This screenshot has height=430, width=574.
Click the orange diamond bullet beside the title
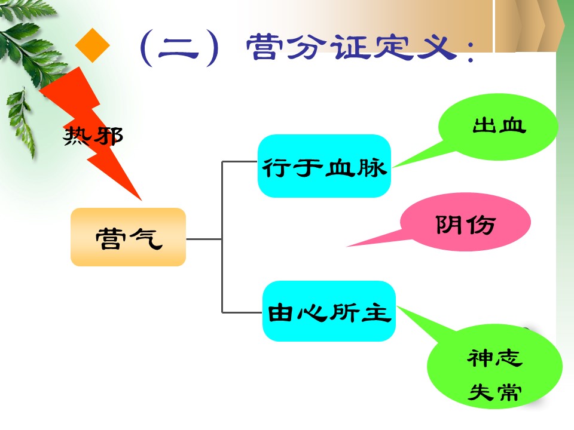(92, 45)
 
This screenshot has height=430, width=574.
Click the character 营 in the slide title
(265, 47)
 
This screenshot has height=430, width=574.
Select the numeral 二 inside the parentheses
(178, 50)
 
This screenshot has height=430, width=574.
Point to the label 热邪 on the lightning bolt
(93, 136)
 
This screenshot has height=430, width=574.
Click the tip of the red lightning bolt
(141, 201)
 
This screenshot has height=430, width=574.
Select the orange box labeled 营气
(128, 237)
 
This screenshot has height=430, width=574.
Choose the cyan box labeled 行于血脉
(324, 166)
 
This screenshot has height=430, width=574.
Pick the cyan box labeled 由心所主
(329, 311)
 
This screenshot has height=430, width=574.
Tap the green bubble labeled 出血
(498, 127)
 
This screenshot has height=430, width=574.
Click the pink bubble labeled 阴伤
(465, 222)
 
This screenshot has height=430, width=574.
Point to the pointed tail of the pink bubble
(347, 247)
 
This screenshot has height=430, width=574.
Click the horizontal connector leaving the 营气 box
(204, 239)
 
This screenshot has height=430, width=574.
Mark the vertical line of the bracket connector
(222, 237)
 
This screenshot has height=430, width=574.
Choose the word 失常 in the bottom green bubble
(494, 392)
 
